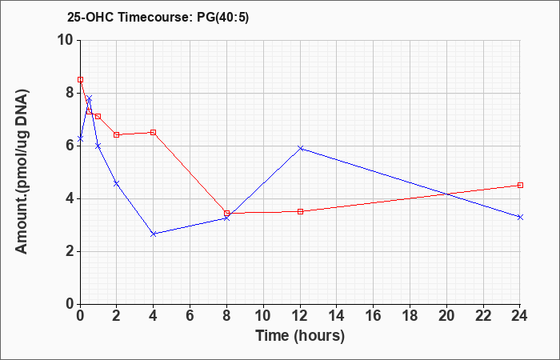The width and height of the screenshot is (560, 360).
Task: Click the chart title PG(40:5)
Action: [x=223, y=18]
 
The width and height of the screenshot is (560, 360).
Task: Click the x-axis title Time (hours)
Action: [x=300, y=336]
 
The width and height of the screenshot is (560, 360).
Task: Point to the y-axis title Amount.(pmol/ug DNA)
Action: [x=22, y=172]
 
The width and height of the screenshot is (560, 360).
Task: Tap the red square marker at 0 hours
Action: [x=80, y=80]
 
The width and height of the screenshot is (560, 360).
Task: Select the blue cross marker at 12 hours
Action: [x=300, y=148]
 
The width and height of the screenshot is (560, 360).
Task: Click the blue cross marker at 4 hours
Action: [x=154, y=234]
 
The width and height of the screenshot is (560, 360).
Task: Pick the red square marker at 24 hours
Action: [x=520, y=185]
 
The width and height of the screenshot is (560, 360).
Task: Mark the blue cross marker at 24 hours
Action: [x=520, y=217]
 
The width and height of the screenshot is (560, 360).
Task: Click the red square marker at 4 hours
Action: [x=154, y=133]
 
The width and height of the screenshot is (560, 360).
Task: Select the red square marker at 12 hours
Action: [x=300, y=211]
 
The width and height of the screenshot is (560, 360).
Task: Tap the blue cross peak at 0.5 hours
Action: [x=90, y=98]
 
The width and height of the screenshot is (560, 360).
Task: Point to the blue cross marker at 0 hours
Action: [x=80, y=138]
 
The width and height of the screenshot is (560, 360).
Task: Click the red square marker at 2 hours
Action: [x=117, y=134]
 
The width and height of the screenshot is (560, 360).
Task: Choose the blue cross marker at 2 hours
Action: [x=117, y=183]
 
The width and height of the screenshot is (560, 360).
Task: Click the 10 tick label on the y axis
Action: [x=67, y=40]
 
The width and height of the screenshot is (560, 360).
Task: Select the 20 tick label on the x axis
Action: [x=446, y=316]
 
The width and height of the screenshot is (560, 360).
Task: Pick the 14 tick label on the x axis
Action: [x=337, y=316]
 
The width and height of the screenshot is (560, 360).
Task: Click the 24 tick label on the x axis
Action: [x=520, y=316]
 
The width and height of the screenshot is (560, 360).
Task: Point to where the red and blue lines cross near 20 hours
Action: [x=447, y=194]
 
